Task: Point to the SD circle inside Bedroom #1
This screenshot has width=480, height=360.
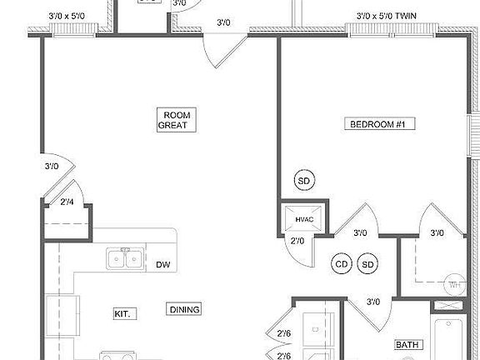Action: pyautogui.click(x=304, y=181)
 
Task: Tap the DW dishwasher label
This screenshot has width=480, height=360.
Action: pyautogui.click(x=163, y=265)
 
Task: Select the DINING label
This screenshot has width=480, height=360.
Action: pyautogui.click(x=184, y=310)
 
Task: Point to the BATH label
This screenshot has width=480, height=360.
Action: pyautogui.click(x=407, y=344)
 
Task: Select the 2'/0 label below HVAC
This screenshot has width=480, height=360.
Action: pyautogui.click(x=297, y=242)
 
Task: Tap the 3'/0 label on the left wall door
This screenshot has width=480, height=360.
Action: pyautogui.click(x=52, y=167)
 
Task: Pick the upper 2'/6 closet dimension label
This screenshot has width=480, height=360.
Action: pyautogui.click(x=284, y=335)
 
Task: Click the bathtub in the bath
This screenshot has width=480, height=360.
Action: pyautogui.click(x=454, y=342)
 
